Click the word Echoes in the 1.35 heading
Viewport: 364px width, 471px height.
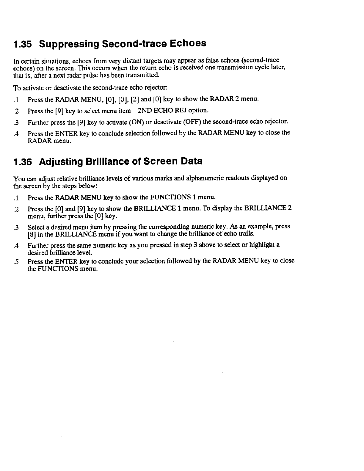pos(188,43)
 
